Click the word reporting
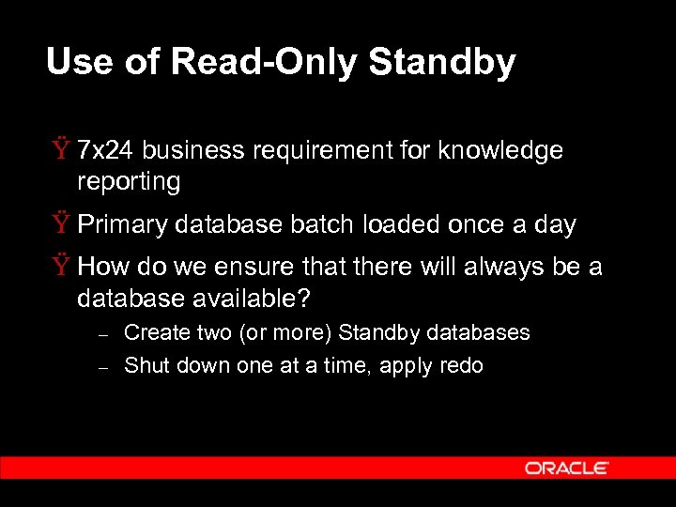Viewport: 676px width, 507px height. click(129, 181)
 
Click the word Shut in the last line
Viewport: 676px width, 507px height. click(144, 365)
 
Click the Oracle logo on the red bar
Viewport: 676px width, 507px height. click(566, 468)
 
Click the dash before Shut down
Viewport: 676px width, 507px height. click(105, 367)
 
